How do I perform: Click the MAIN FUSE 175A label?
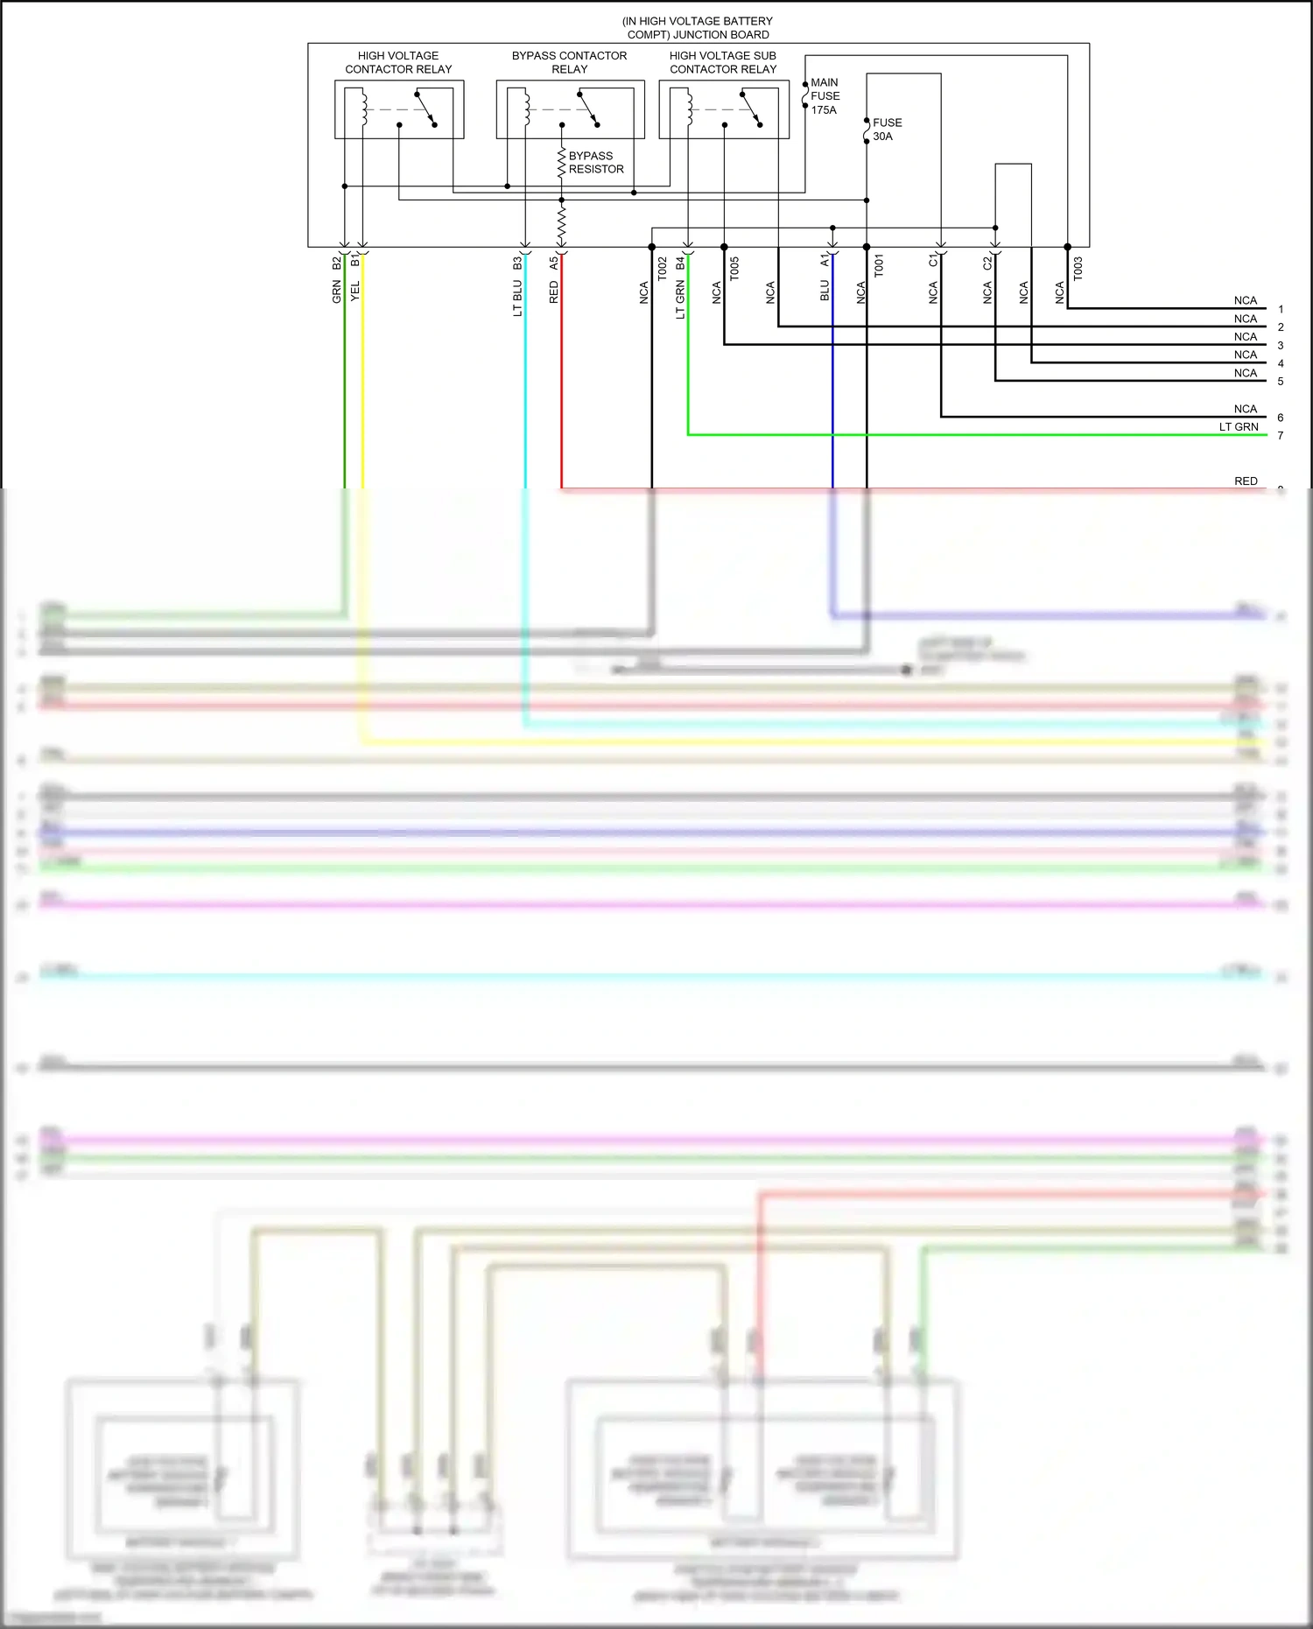(825, 96)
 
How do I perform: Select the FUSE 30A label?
(887, 130)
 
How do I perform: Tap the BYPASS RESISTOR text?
(595, 163)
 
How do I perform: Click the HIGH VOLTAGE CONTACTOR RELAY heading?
(398, 62)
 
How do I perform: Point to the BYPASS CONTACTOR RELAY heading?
(569, 62)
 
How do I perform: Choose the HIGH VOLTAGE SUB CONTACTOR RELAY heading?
(723, 62)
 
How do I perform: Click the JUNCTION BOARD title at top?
(698, 28)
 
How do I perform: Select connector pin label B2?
(337, 263)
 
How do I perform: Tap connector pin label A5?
(553, 262)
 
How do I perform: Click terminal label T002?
(663, 268)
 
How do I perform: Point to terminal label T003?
(1078, 268)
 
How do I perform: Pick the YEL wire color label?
(355, 291)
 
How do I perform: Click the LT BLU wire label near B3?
(517, 298)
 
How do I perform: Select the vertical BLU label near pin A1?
(824, 291)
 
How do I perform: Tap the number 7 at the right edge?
(1280, 435)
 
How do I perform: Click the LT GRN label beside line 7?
(1239, 427)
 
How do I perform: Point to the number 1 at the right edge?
(1280, 309)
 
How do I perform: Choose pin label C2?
(987, 263)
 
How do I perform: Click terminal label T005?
(734, 268)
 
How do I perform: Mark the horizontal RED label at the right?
(1246, 481)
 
